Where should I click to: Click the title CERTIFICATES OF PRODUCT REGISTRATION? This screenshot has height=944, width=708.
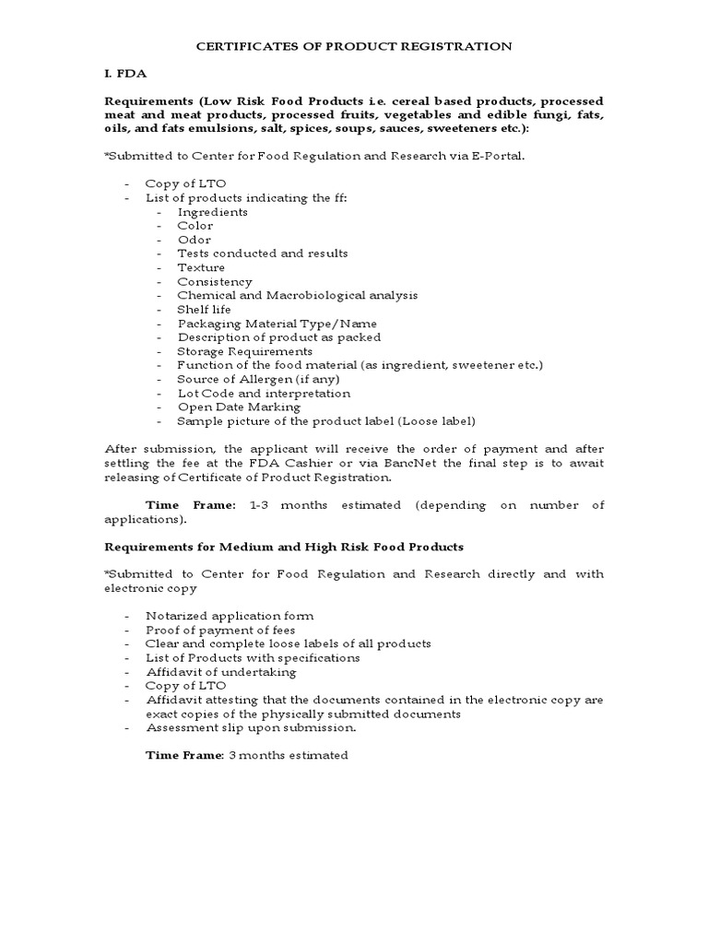354,45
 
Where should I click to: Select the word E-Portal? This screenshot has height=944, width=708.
496,156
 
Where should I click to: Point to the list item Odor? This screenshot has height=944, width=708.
194,240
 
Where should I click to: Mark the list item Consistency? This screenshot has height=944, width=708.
214,281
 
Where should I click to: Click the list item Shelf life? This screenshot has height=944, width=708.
204,310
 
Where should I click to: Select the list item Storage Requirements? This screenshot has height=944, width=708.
244,351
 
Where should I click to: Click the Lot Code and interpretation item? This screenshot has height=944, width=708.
264,393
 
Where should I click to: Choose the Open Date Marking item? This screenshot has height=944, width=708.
239,407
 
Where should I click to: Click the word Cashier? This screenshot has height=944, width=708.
344,463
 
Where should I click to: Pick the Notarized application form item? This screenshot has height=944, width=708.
230,615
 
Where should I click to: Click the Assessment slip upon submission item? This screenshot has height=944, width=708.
251,727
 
